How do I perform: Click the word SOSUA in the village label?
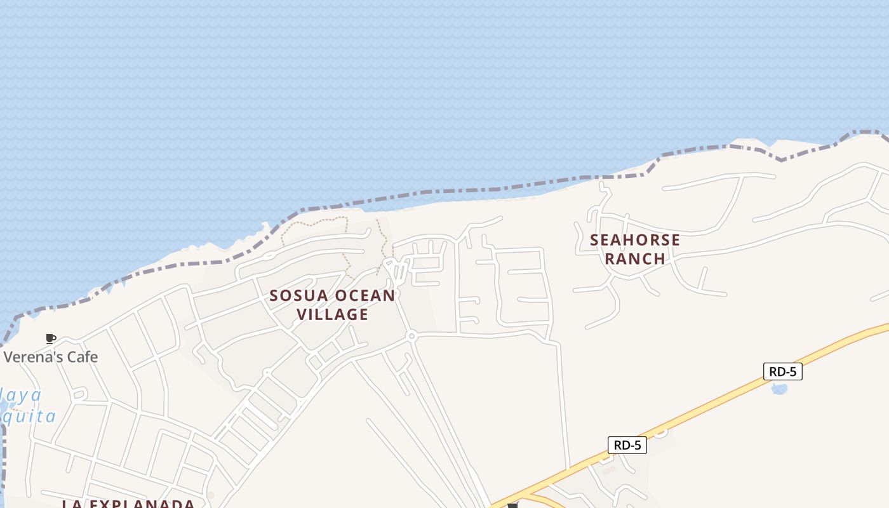298,296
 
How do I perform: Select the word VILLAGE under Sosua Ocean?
332,314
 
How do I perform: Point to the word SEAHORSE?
635,240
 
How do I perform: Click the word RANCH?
635,258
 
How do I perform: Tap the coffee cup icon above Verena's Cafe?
51,338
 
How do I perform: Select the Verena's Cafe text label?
51,357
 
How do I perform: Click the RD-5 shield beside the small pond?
782,371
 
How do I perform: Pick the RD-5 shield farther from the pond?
627,445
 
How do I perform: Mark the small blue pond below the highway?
779,388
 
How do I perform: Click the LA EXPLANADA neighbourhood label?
128,504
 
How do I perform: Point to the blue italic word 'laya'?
23,396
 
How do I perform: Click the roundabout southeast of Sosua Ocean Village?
411,335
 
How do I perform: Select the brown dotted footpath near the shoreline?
314,220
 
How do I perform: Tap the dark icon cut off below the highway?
513,505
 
